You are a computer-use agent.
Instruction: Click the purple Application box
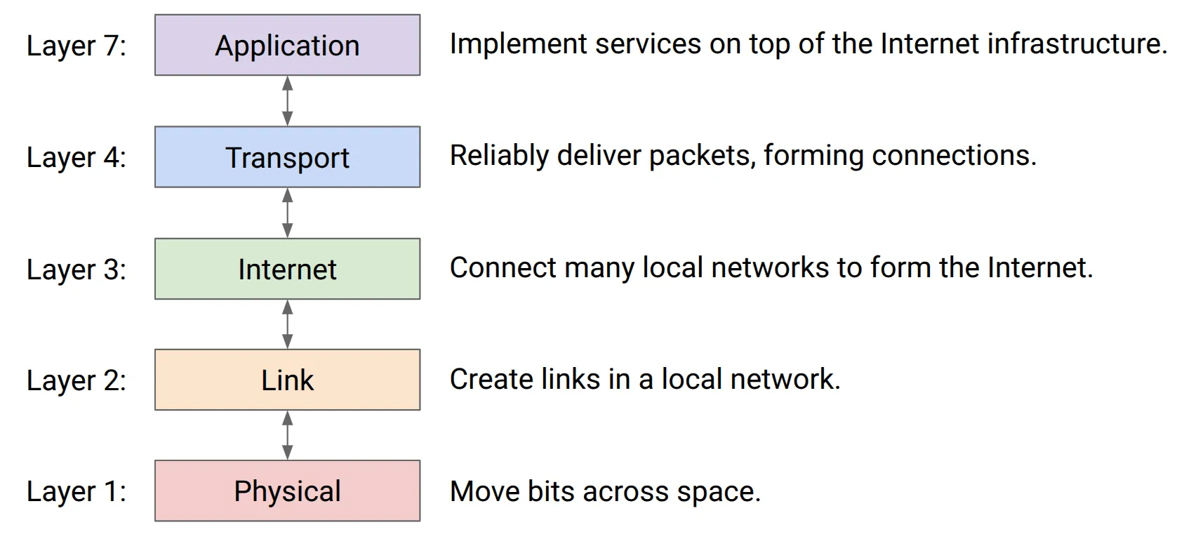(288, 45)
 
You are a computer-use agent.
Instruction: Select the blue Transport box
(288, 157)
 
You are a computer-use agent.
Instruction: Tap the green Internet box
(288, 269)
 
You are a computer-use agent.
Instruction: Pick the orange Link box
(288, 380)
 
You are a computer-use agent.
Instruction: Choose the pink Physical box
(288, 491)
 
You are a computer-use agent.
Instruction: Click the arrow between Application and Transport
(288, 101)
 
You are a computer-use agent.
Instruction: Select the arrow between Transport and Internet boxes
(288, 213)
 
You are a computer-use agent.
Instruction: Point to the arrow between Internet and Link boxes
(288, 324)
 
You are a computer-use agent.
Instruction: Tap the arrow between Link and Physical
(288, 436)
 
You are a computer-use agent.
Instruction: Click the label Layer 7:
(77, 46)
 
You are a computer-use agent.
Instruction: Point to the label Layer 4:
(77, 158)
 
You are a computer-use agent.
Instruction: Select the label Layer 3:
(77, 270)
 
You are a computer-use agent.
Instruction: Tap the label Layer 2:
(77, 381)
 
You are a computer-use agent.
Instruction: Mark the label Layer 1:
(77, 492)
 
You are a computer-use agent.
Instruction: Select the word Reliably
(500, 157)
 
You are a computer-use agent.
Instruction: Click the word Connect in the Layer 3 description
(503, 268)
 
